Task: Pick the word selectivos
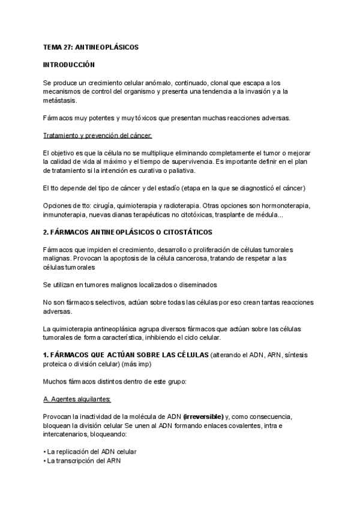pos(105,303)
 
